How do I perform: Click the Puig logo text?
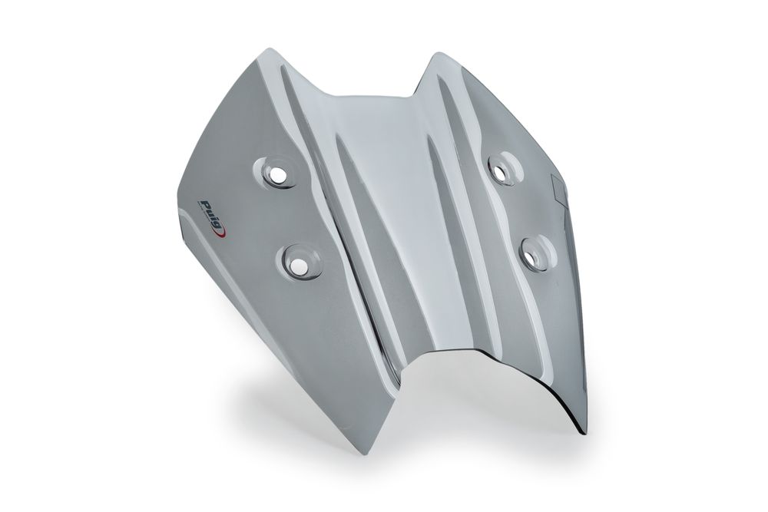click(x=210, y=205)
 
